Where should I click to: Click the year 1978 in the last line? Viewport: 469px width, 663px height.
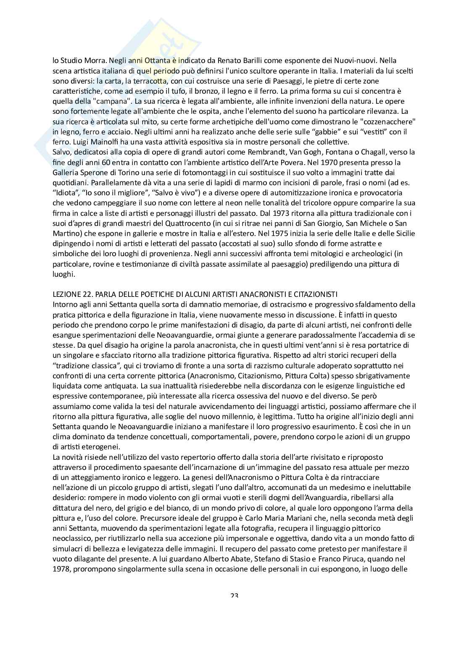pos(61,570)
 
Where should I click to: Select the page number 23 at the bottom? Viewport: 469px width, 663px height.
pos(234,596)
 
